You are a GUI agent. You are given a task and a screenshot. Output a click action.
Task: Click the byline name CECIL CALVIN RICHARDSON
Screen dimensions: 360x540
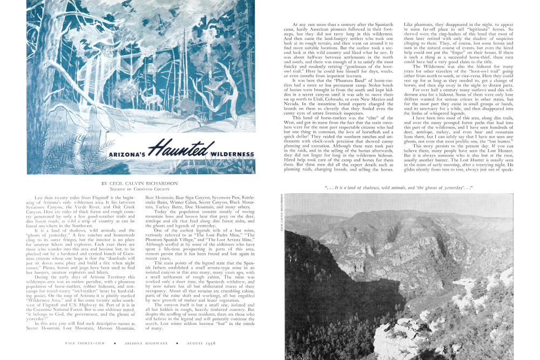(x=139, y=184)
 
